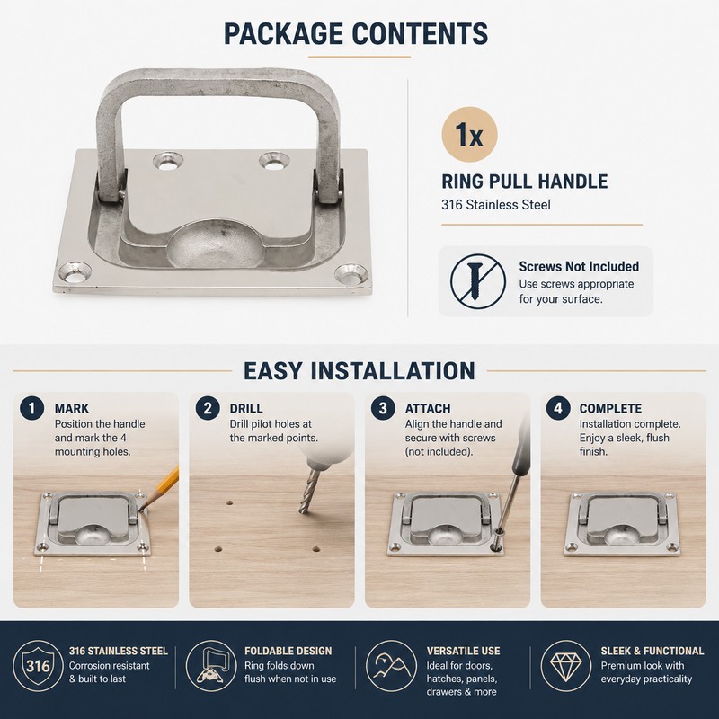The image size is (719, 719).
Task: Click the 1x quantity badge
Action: (469, 135)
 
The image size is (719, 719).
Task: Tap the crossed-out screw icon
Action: (477, 280)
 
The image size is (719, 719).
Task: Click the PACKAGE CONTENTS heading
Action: (356, 33)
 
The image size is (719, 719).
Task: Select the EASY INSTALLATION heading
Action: (359, 370)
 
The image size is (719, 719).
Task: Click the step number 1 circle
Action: (31, 408)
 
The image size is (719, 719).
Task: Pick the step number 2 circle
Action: (208, 408)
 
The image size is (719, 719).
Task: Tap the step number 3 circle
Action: (383, 408)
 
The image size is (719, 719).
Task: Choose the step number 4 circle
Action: (557, 408)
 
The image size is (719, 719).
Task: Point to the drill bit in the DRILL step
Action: (308, 491)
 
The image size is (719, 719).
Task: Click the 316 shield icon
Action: (38, 666)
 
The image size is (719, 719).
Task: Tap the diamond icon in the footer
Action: (565, 666)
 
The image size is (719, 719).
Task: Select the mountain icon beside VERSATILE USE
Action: (391, 666)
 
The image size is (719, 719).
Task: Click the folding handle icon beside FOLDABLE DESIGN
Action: (210, 666)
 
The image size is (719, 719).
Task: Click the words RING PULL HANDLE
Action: (525, 182)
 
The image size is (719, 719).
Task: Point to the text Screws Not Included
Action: (579, 266)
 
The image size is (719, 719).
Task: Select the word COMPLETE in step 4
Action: (610, 409)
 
